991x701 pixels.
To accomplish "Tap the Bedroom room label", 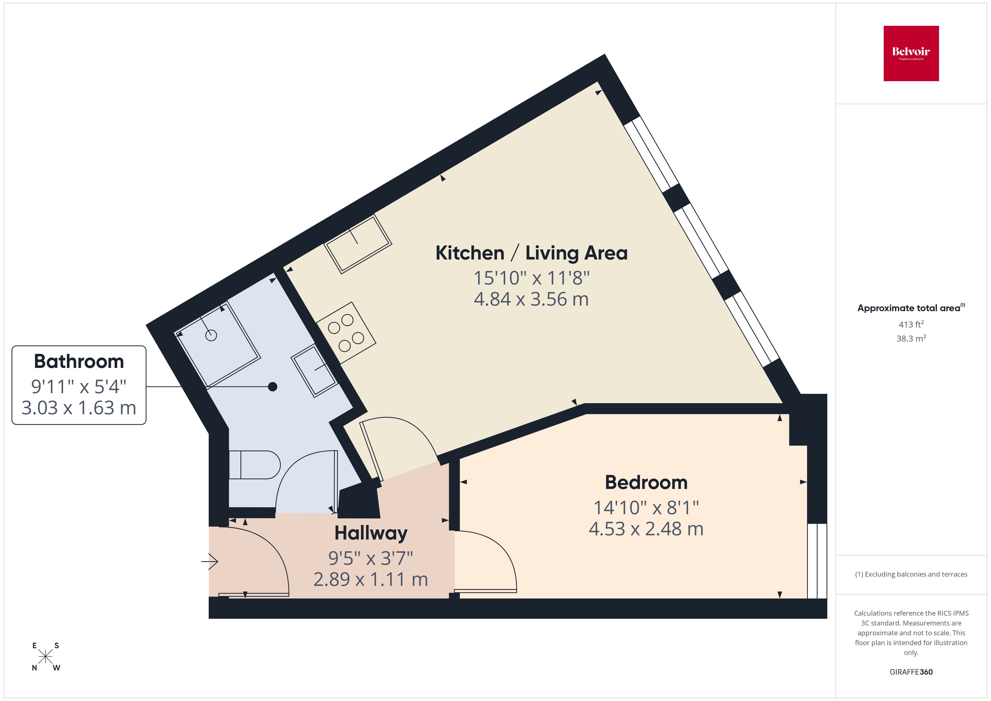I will [646, 482].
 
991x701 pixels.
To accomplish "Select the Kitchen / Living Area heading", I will [531, 253].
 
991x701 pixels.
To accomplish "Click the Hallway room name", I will [371, 533].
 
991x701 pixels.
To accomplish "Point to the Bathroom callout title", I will [79, 361].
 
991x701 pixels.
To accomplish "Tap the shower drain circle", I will [211, 335].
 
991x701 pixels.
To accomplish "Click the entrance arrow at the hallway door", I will [210, 562].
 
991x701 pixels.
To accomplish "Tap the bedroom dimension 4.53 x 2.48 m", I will [646, 529].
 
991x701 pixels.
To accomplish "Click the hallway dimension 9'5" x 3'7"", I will [371, 558].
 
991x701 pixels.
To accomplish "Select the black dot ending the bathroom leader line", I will [272, 386].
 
